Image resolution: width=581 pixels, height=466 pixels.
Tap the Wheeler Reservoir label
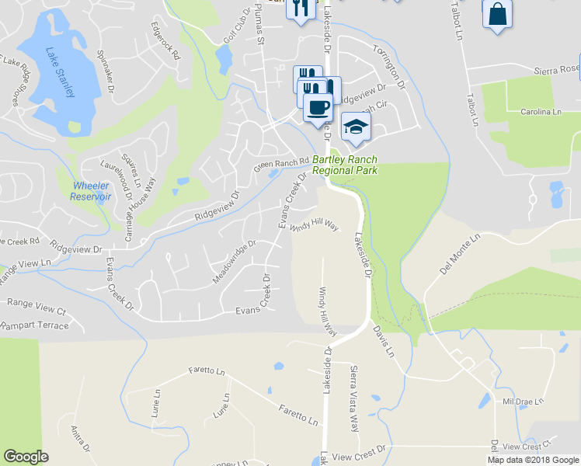pos(92,191)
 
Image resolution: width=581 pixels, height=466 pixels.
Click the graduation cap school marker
pos(355,127)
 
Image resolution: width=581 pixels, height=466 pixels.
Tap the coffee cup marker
pos(318,106)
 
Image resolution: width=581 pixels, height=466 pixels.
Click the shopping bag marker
pos(497,14)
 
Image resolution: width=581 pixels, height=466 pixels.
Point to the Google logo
pos(26,457)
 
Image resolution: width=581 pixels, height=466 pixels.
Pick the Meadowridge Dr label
pos(234,262)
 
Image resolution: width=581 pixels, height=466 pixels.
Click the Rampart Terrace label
pos(34,326)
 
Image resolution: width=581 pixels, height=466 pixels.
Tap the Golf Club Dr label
pos(239,27)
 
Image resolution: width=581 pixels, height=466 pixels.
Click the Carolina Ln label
pos(540,112)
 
